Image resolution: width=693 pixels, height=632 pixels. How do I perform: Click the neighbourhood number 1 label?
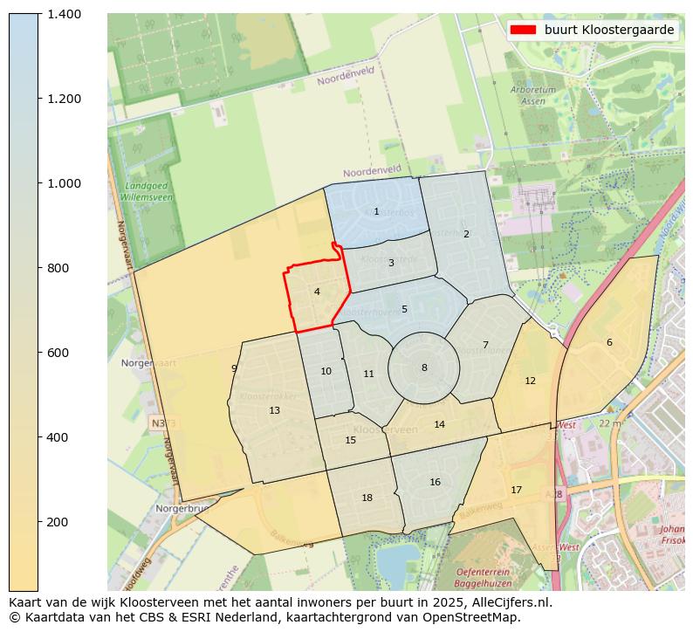point(376,211)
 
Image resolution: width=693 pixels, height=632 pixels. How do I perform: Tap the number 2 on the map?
point(466,234)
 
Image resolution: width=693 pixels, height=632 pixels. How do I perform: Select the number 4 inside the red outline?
point(317,292)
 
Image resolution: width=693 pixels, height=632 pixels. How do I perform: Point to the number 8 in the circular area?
point(424,368)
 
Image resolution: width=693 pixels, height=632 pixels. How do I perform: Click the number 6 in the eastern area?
point(609,342)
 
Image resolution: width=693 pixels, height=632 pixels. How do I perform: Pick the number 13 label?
point(274,410)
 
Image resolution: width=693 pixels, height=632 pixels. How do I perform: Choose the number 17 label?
point(516,490)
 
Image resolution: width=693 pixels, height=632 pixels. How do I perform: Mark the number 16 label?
point(435,482)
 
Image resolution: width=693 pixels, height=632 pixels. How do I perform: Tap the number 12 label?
point(530,381)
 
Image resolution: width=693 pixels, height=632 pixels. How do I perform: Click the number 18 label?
point(367,498)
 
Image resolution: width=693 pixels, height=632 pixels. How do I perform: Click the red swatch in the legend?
point(524,30)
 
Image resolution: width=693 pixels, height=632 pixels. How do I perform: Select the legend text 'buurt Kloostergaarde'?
point(608,30)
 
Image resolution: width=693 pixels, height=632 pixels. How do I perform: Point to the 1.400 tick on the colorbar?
point(64,14)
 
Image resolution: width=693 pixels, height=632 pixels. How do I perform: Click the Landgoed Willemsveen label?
point(149,192)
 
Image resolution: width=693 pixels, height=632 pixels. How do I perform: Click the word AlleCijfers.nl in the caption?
point(510,602)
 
